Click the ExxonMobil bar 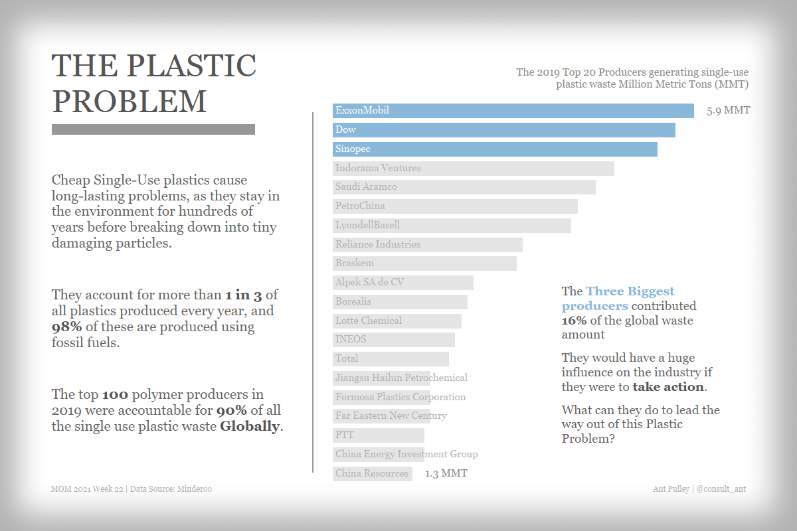513,111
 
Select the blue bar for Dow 503,130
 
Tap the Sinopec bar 495,149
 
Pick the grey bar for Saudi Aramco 464,187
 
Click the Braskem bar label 355,263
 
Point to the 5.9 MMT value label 729,110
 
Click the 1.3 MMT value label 446,473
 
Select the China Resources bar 372,473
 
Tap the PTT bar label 345,435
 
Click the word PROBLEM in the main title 130,101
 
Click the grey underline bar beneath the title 153,129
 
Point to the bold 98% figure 66,327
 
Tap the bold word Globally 250,426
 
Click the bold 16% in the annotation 574,321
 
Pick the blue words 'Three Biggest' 630,291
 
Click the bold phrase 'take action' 667,387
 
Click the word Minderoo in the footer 194,489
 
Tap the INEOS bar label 351,339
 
